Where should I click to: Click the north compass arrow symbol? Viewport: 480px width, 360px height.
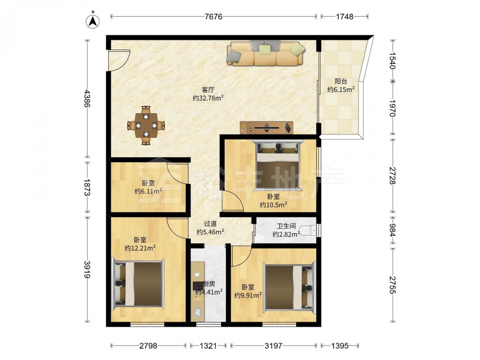coord(93,21)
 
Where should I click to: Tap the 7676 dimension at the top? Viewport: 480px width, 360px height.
coord(214,16)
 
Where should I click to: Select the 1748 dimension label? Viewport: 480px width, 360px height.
coord(344,16)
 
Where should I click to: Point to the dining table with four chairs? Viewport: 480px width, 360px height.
coord(146,125)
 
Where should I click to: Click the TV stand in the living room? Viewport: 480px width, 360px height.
coord(266,128)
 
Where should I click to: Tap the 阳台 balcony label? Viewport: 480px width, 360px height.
coord(341,82)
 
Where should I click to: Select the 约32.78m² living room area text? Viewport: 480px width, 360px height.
coord(208,98)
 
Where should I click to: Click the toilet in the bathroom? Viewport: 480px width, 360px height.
coord(308,230)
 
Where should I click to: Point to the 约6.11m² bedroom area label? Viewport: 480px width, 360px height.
coord(148,192)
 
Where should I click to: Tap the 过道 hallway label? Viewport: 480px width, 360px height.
coord(210,224)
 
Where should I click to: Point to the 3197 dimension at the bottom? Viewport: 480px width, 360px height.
coord(273,346)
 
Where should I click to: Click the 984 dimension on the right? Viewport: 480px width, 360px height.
coord(393,230)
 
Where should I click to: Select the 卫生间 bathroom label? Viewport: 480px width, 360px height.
coord(287,226)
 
